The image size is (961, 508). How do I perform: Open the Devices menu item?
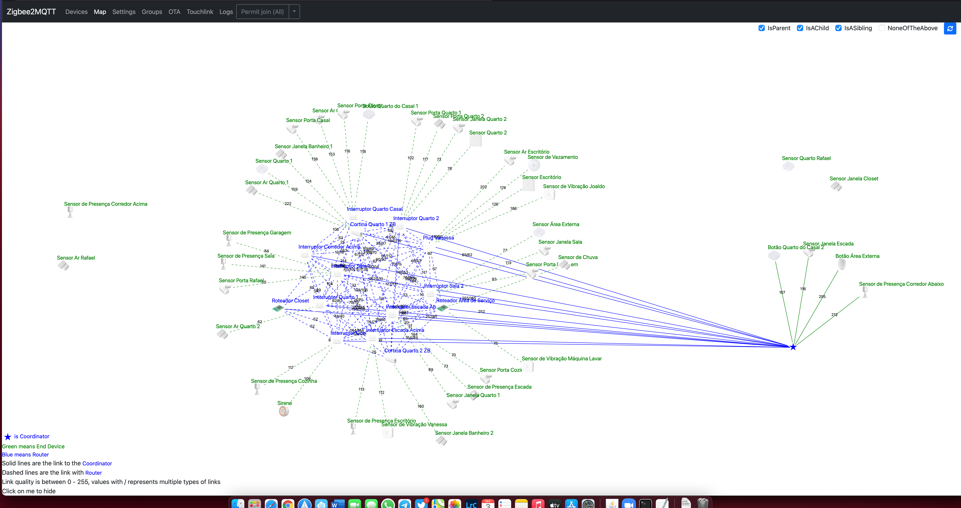pos(76,12)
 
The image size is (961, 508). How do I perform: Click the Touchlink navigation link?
pos(200,12)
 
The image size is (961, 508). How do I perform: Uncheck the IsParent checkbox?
pos(761,28)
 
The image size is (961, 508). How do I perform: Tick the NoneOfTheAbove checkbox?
pos(882,28)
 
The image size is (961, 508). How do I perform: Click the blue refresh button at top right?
pos(950,28)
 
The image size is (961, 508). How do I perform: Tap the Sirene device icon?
pos(283,411)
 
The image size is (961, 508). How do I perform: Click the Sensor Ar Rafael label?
pos(76,257)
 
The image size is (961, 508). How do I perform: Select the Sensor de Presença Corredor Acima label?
pos(105,204)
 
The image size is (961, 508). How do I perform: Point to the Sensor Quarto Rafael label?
pos(806,158)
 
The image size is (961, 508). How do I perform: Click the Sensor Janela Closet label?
pos(854,178)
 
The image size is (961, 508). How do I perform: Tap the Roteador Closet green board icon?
pos(278,308)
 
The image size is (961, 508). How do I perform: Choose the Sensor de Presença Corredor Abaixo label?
pos(901,284)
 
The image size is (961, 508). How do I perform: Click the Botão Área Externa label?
pos(857,256)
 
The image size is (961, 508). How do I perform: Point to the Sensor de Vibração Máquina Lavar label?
pos(561,359)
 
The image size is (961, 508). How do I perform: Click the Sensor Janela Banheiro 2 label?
pos(464,433)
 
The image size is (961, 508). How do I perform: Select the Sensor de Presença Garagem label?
pos(257,232)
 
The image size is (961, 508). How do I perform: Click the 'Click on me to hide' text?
pos(29,491)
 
